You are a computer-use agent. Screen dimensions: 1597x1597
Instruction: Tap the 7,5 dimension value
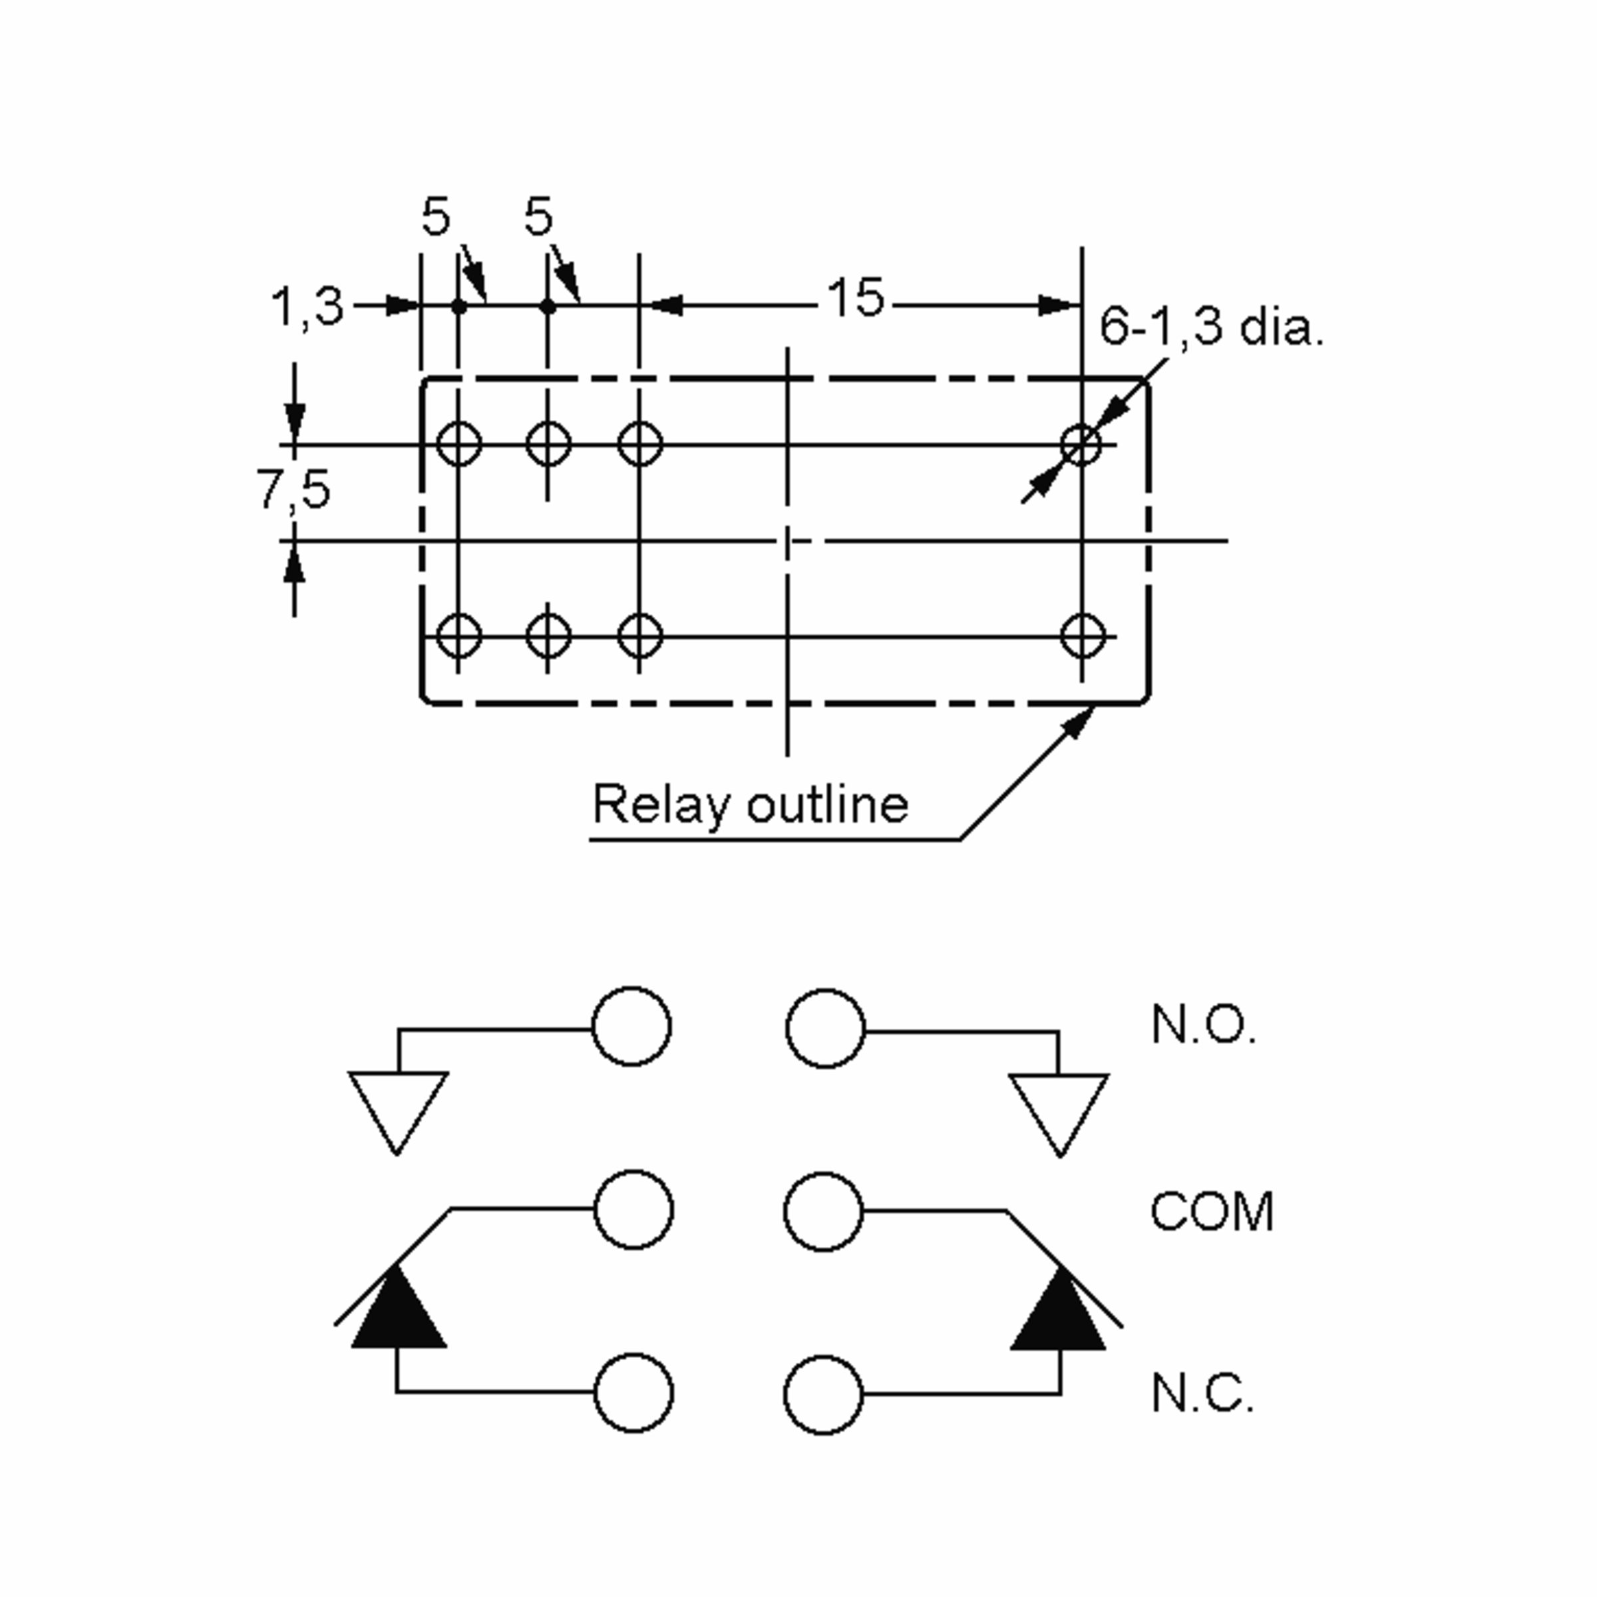coord(293,488)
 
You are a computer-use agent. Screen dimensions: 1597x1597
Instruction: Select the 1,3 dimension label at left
coord(307,307)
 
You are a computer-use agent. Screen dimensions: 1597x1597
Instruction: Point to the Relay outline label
coord(751,804)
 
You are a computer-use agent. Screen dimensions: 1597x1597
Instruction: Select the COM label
coord(1212,1212)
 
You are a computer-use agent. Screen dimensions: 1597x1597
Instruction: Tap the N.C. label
coord(1202,1393)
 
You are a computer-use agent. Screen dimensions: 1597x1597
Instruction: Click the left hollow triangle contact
coord(399,1113)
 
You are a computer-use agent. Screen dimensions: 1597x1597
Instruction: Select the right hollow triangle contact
coord(1059,1115)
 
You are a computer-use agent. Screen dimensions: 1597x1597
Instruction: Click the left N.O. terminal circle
coord(632,1027)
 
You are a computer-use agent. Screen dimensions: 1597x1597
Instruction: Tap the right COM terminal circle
coord(823,1212)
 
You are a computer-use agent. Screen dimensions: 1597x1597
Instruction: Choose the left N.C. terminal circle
coord(634,1393)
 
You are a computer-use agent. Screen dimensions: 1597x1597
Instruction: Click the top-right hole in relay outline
coord(1082,444)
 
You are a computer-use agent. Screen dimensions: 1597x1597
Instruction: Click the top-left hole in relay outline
coord(458,444)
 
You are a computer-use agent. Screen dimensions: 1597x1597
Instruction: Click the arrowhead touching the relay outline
coord(1077,723)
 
